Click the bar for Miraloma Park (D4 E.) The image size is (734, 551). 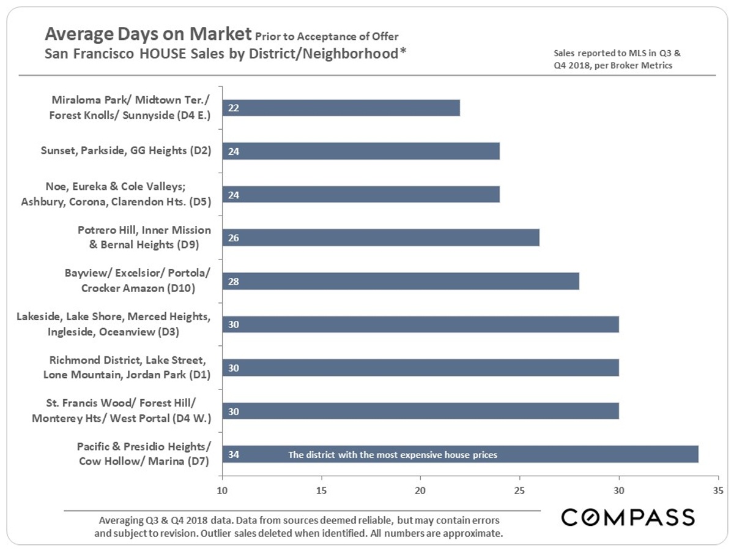341,108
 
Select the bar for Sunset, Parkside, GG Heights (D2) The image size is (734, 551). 361,151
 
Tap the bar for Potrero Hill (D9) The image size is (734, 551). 380,238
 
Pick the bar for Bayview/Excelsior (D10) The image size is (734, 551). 401,281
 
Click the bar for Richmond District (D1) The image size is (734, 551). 420,367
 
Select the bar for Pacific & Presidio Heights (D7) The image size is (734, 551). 460,454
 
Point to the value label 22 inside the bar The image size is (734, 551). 233,108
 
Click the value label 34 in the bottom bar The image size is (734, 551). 233,455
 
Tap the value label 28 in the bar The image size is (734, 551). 233,281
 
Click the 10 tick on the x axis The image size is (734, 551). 222,490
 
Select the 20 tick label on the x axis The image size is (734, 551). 420,490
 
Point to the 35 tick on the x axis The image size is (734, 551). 718,490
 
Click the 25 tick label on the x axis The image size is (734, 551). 519,490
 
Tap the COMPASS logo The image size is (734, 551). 628,517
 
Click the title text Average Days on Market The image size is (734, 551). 148,33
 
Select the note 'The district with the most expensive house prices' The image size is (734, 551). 392,455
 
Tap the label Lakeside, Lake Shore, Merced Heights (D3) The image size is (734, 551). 113,324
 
